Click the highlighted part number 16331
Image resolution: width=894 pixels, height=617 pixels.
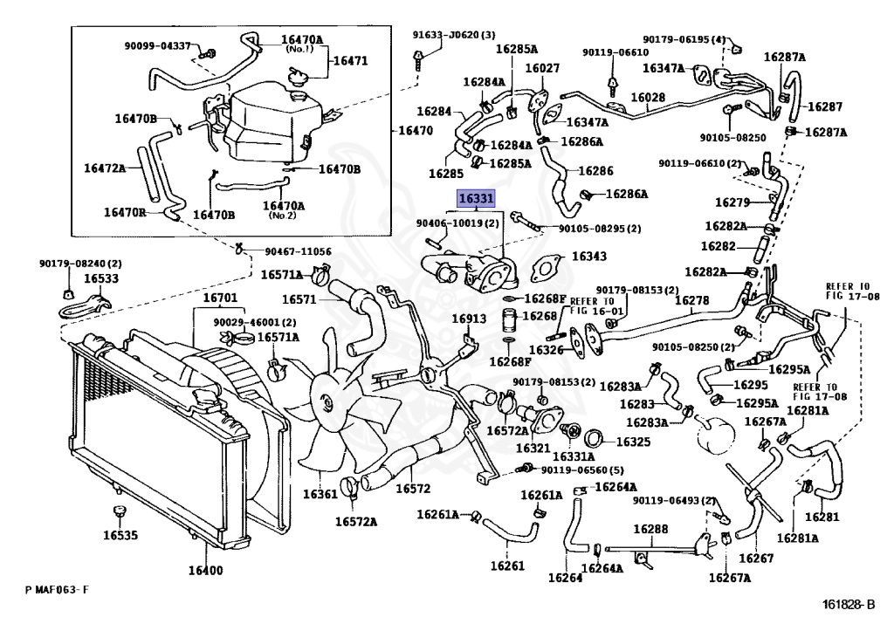476,198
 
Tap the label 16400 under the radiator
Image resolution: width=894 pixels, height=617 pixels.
206,570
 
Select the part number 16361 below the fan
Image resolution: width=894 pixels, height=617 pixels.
320,493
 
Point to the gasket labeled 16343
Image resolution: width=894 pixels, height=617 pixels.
546,269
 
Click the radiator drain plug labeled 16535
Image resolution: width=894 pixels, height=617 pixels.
119,511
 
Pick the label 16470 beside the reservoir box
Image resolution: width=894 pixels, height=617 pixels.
416,130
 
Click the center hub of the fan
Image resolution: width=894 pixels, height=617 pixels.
327,401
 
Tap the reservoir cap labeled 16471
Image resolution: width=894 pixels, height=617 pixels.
297,78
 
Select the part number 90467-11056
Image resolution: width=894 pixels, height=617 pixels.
298,251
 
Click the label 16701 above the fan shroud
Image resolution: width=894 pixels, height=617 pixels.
221,298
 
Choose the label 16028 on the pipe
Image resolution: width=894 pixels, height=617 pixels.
648,98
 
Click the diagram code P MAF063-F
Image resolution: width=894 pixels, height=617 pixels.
57,590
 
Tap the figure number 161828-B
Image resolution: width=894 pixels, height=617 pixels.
848,604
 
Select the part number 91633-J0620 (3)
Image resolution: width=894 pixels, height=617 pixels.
454,35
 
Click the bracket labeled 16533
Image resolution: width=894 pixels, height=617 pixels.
85,306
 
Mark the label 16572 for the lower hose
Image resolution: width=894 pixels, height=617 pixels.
413,488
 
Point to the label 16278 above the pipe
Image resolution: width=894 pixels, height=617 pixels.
691,299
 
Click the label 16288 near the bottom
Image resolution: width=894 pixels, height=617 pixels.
650,529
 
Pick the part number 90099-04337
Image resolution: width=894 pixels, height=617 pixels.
158,45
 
